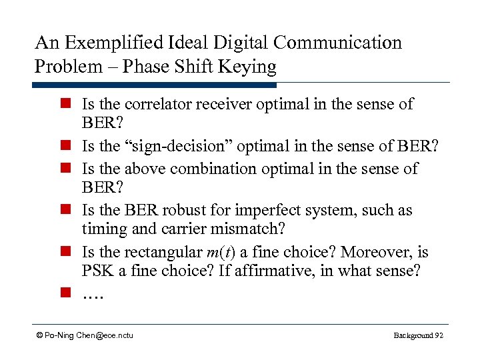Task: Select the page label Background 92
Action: [418, 335]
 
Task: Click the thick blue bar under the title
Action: [153, 85]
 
